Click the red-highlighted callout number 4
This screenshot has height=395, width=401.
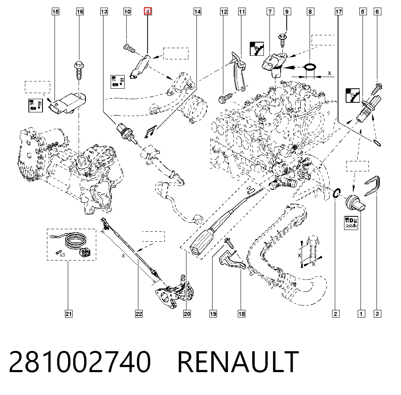coord(148,12)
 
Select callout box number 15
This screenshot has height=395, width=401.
coord(55,12)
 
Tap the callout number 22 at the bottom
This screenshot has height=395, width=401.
coord(139,314)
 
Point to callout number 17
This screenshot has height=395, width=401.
coord(338,12)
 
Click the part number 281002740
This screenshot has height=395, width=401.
coord(80,362)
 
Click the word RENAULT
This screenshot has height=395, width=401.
coord(238,362)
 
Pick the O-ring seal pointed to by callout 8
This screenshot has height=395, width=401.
coord(310,67)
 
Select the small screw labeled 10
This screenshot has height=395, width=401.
coord(130,48)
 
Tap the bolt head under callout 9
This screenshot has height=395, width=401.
coord(282,38)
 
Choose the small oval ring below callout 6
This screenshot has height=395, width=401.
coord(377,143)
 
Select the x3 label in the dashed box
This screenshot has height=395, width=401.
coord(62,255)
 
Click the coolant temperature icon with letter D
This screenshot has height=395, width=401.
coord(351,223)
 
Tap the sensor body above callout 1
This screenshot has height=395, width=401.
coord(355,203)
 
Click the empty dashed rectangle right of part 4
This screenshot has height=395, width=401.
coord(176,53)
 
